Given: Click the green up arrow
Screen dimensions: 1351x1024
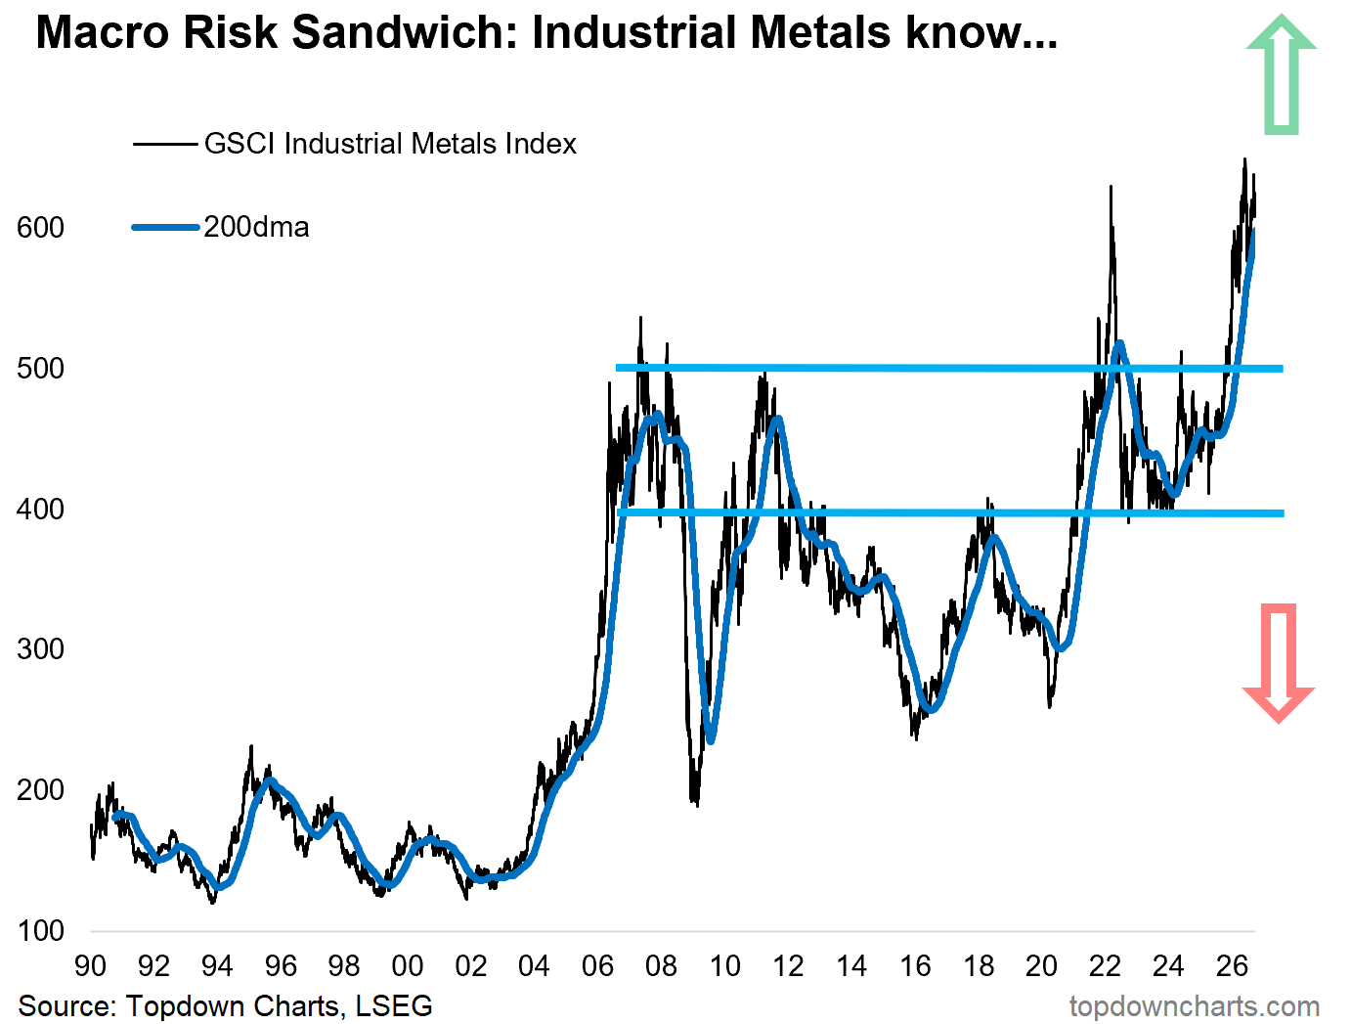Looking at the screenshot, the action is tap(1281, 74).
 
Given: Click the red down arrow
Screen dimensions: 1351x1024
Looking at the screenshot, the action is tap(1279, 662).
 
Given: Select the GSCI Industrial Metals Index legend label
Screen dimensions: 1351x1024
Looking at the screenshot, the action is tap(390, 144).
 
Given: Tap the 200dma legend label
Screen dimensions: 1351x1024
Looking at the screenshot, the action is tap(257, 227).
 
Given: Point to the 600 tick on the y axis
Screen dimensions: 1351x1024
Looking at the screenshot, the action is tap(41, 228).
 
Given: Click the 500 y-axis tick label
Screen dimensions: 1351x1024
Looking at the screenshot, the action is tap(41, 368).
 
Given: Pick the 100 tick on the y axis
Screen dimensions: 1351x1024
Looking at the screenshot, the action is tap(41, 931).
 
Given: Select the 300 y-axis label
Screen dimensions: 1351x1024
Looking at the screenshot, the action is tap(41, 649).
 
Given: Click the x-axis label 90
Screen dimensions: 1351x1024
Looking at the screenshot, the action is tap(91, 966).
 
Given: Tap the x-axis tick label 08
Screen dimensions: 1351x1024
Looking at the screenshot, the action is tap(661, 966).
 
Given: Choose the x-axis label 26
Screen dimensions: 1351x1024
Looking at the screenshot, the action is tap(1232, 966).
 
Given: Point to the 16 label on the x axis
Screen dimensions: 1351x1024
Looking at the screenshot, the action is tap(915, 966).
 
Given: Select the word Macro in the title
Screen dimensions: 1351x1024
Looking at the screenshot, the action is tap(103, 32).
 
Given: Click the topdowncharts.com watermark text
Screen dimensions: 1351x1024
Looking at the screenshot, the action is tap(1195, 1006).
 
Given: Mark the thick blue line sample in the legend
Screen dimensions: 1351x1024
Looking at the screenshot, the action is tap(165, 228).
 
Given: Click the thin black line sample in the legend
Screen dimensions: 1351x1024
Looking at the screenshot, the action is tap(165, 145).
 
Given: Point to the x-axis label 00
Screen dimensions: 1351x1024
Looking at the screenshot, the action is tap(408, 966).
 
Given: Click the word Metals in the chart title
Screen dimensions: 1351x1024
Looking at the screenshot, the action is tap(820, 32).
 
